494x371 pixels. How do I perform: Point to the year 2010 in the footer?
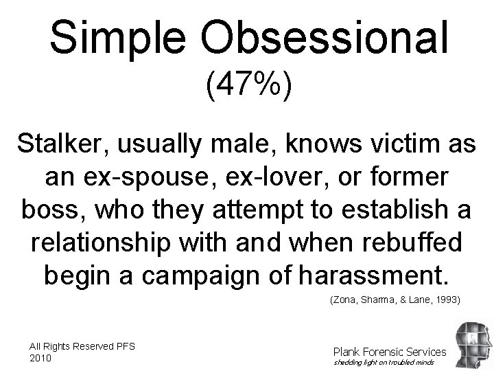tap(42, 358)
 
